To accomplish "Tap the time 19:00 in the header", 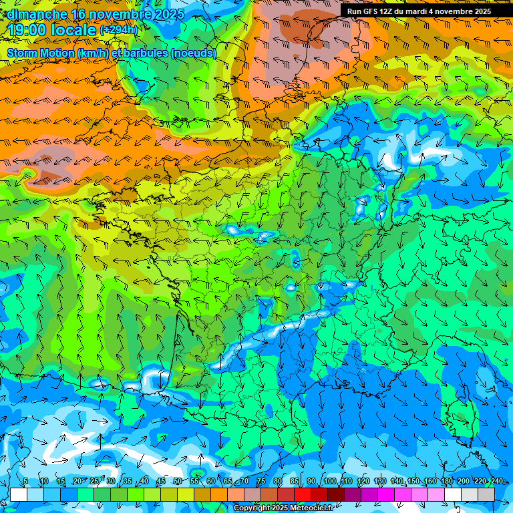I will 28,30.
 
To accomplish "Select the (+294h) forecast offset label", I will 118,30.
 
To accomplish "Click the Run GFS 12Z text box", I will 419,11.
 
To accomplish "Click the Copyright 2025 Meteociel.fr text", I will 284,508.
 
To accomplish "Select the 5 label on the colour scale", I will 25,482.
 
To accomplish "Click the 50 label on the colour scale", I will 178,482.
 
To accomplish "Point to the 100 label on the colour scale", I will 329,482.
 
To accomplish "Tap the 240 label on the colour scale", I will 496,482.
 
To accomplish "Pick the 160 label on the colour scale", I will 430,482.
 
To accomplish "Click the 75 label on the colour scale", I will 261,482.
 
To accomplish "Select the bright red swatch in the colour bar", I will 303,494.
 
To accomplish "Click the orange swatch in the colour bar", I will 202,494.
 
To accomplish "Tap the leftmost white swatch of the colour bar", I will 19,494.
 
